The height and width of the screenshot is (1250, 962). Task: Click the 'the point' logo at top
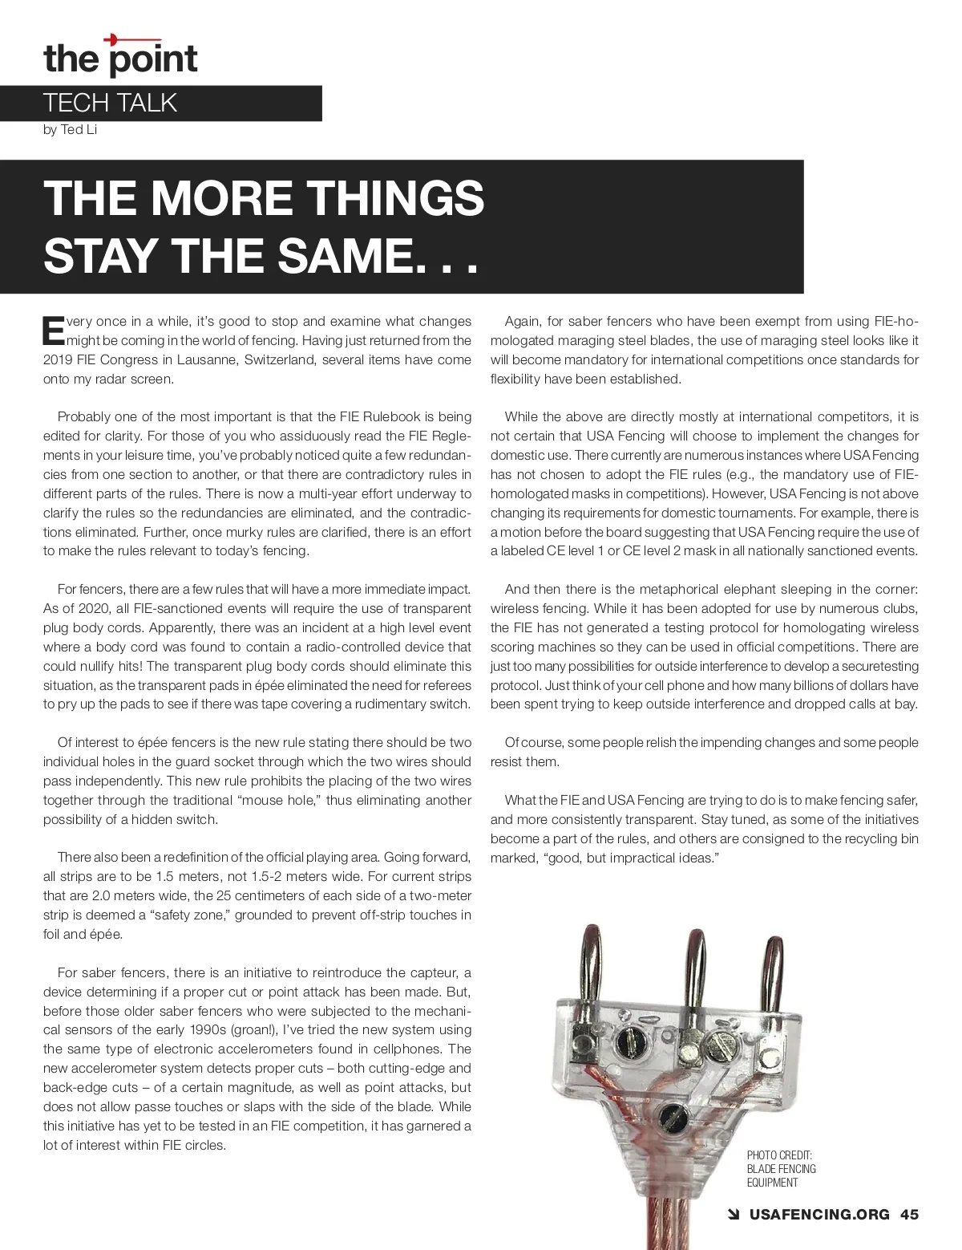tap(120, 56)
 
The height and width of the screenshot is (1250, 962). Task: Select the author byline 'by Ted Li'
tap(70, 130)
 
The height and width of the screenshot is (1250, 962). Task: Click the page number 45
tap(909, 1215)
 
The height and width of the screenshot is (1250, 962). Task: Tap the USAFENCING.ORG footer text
tap(819, 1215)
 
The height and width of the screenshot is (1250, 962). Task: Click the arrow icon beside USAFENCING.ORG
tap(732, 1215)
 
